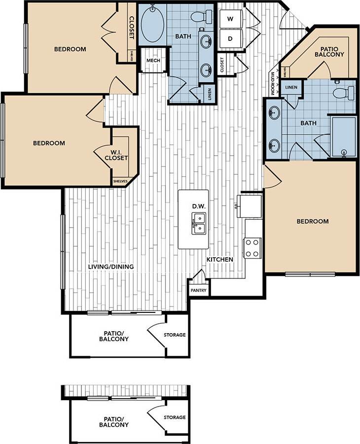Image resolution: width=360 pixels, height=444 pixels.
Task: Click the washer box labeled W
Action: pos(230,19)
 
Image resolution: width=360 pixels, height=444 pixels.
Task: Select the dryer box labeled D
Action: pos(230,38)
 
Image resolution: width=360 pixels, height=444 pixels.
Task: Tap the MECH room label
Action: pos(153,61)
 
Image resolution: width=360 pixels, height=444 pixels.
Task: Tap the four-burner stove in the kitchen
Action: pos(252,247)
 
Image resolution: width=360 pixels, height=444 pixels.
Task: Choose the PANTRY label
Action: pos(198,290)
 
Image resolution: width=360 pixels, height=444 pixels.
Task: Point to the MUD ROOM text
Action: pos(272,83)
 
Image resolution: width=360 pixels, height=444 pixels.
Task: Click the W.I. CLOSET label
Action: pos(116,155)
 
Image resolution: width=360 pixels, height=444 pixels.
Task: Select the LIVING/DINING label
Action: pos(111,267)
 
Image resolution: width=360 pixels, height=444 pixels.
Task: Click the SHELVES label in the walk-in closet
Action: pos(120,181)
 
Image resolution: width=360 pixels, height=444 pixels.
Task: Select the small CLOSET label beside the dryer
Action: pos(222,65)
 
